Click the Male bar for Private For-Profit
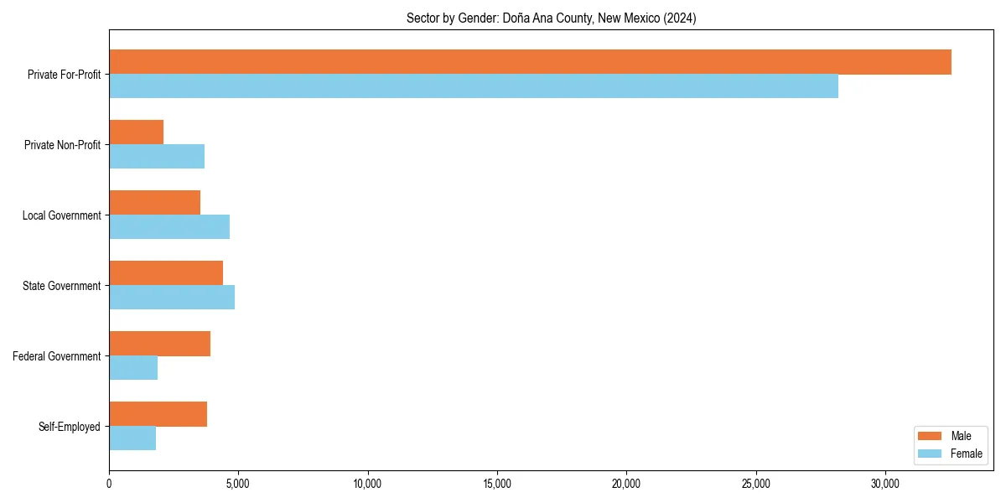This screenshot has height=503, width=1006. (x=530, y=62)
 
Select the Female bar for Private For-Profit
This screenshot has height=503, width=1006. (x=474, y=86)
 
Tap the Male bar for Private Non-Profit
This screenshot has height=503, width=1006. (x=136, y=132)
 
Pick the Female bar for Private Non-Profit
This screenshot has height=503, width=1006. (x=157, y=157)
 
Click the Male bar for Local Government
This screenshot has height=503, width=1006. (x=154, y=203)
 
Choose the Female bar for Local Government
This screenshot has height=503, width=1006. (x=169, y=227)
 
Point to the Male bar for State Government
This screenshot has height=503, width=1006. (x=166, y=273)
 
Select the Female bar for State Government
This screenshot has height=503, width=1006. (x=172, y=298)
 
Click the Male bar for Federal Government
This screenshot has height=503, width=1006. (x=159, y=344)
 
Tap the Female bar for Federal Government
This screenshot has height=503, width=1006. (x=133, y=368)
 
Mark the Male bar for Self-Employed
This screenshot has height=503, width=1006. (x=158, y=414)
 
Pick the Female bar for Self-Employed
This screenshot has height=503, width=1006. (x=132, y=438)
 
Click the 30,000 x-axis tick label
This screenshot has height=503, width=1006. (x=885, y=484)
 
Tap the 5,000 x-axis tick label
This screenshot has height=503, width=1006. (x=238, y=484)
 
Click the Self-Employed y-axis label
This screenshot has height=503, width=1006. (x=70, y=427)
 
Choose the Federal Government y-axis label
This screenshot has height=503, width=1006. (x=57, y=356)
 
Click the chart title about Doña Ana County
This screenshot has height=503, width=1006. (x=551, y=18)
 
